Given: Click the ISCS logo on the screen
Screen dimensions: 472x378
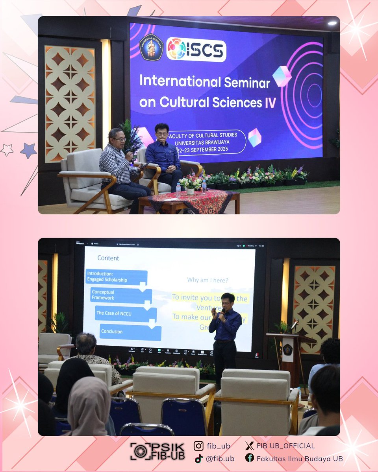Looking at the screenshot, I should pyautogui.click(x=196, y=50).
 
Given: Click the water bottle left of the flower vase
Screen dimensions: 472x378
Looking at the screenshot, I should pyautogui.click(x=178, y=190).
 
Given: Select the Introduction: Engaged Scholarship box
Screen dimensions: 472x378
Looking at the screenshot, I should pyautogui.click(x=117, y=277).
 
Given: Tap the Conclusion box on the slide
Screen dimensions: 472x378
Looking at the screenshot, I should pyautogui.click(x=130, y=332).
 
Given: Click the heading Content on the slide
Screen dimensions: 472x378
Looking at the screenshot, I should pyautogui.click(x=108, y=258).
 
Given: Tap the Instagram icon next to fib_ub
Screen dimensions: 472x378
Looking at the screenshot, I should pyautogui.click(x=199, y=446).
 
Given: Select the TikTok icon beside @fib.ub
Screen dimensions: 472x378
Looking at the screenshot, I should pyautogui.click(x=199, y=458).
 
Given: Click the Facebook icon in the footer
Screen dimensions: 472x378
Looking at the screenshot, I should pyautogui.click(x=249, y=458).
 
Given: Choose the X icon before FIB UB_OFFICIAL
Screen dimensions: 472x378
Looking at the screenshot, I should pyautogui.click(x=249, y=446).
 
